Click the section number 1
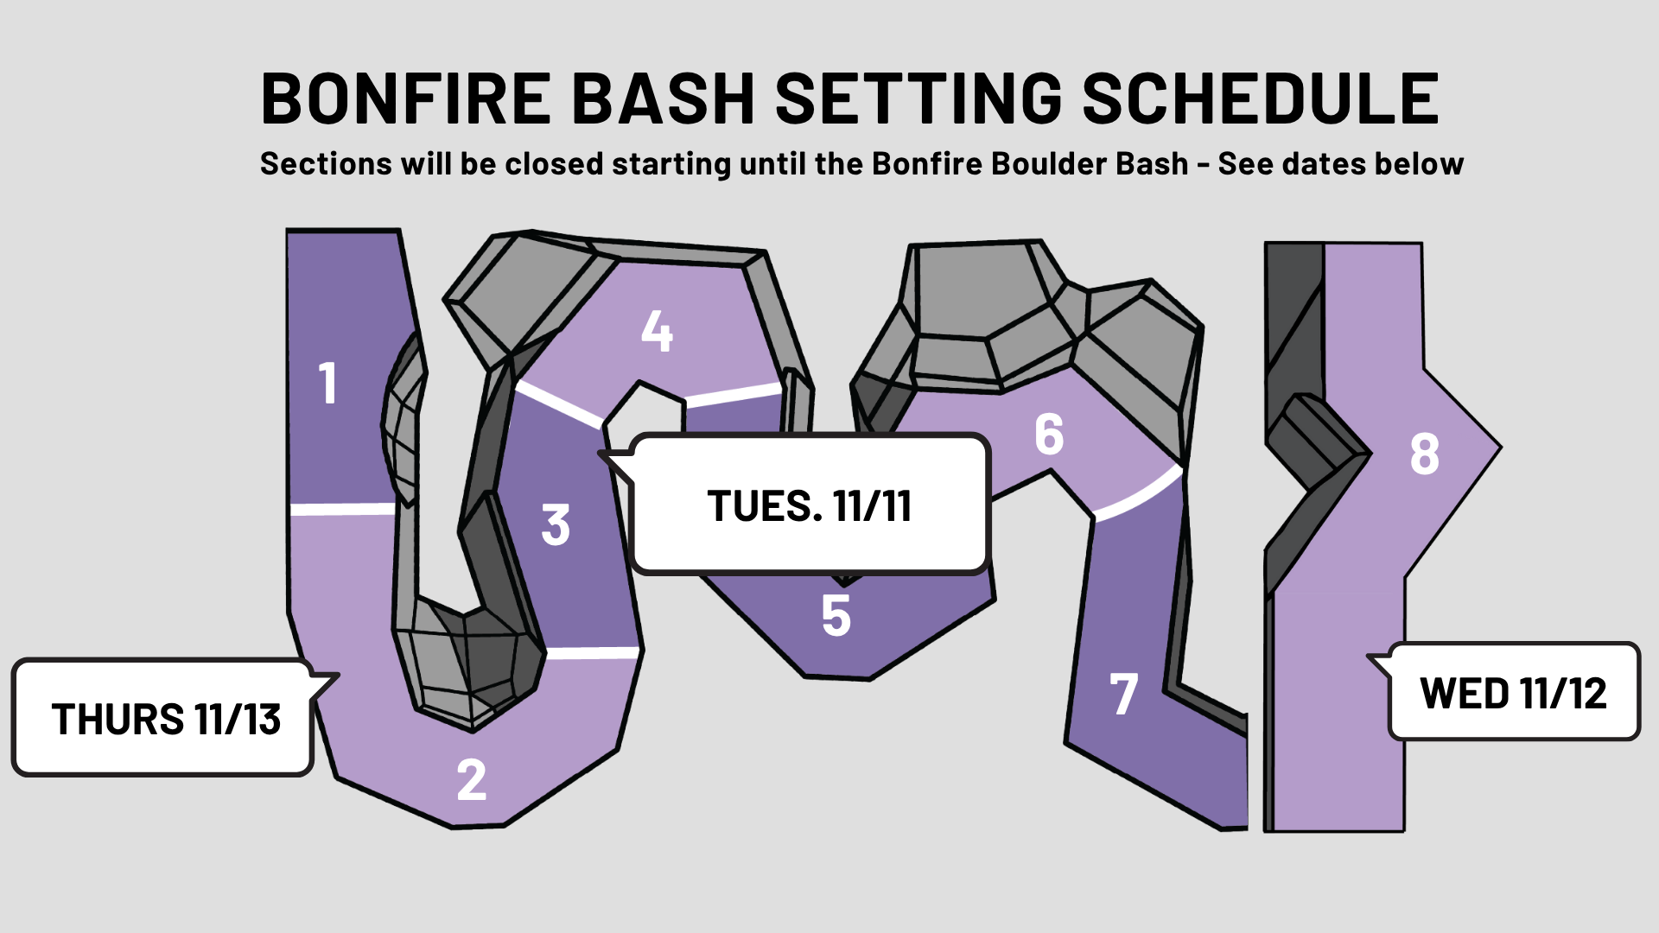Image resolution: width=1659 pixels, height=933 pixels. (x=327, y=383)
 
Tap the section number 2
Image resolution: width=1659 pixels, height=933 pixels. (x=472, y=780)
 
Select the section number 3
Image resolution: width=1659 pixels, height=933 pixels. (x=556, y=524)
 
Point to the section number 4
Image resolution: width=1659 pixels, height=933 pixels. (x=657, y=331)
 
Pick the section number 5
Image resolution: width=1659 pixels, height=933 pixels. (x=836, y=615)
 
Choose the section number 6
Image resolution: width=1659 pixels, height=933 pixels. (x=1049, y=434)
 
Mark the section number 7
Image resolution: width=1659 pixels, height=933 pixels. (x=1123, y=694)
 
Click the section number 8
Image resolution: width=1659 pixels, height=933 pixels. (x=1425, y=454)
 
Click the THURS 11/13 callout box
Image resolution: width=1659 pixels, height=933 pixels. (x=162, y=718)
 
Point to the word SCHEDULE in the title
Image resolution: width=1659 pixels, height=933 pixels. (x=1260, y=98)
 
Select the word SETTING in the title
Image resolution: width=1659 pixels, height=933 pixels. (x=919, y=98)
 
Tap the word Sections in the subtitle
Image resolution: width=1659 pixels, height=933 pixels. (x=327, y=163)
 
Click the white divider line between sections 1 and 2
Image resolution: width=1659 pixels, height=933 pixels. (x=343, y=510)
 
